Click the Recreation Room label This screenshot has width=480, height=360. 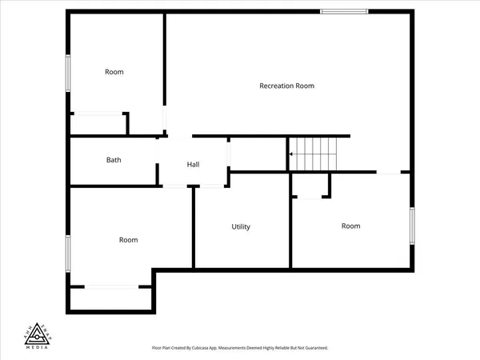click(286, 86)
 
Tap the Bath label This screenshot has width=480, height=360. click(114, 160)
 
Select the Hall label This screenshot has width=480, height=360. click(193, 164)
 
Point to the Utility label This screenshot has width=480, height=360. click(241, 226)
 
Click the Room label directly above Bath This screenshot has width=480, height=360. click(114, 72)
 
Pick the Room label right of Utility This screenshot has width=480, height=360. click(351, 226)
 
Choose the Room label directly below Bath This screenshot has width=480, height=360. click(128, 239)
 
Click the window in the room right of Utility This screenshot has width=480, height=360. click(413, 226)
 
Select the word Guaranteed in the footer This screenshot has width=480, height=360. click(313, 348)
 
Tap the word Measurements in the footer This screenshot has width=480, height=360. click(254, 348)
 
